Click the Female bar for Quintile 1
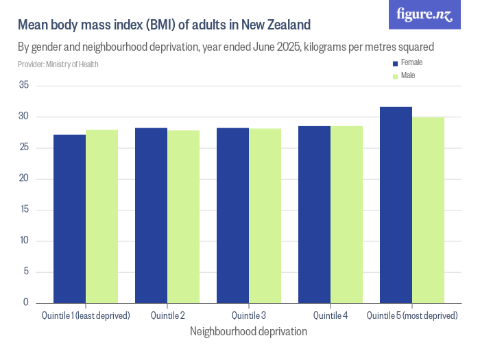point(69,218)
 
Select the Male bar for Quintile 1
point(101,216)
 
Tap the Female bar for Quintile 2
point(151,215)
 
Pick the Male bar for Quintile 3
point(265,215)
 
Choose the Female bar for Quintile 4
point(314,214)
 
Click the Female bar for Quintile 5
point(396,204)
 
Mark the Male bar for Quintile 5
point(428,210)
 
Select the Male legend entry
point(408,75)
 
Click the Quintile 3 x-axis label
point(249,316)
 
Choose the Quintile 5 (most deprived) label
point(411,316)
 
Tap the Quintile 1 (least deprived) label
point(85,316)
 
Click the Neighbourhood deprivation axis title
point(248,331)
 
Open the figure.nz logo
point(425,14)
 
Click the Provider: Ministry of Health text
point(58,64)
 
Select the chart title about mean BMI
point(164,25)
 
